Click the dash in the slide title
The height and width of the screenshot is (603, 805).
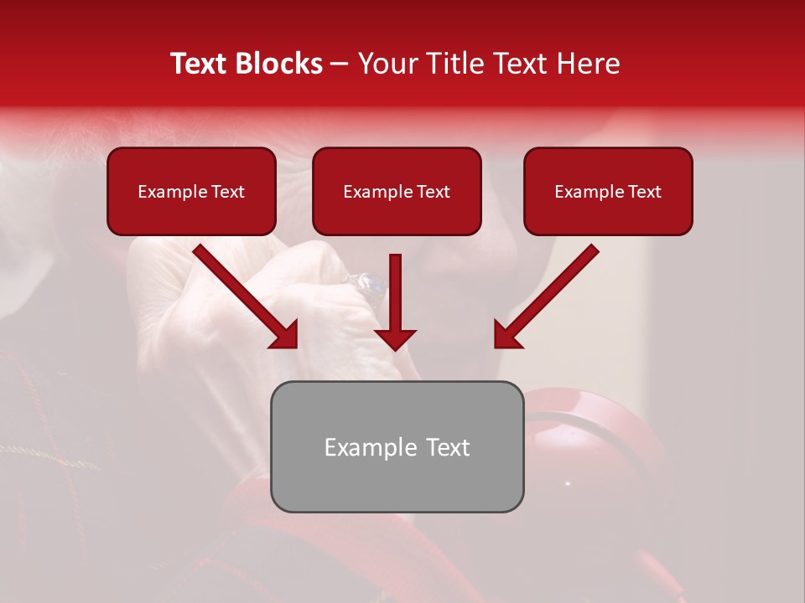click(340, 64)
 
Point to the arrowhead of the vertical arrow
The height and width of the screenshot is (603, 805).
click(395, 338)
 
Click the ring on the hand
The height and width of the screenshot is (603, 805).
click(370, 286)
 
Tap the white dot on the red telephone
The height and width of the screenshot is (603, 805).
click(568, 483)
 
